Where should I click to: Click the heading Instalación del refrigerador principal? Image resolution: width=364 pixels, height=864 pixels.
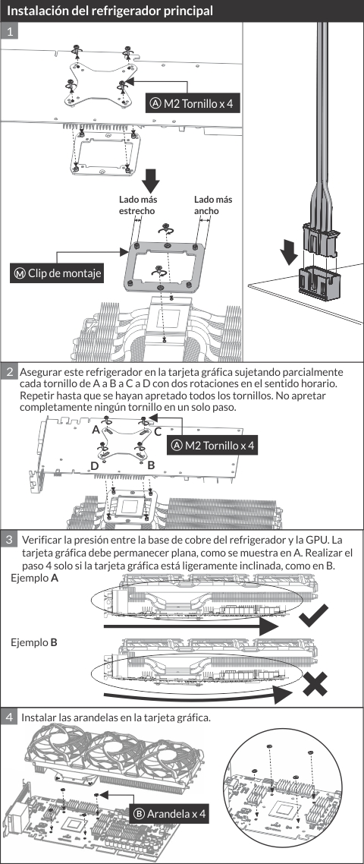click(110, 11)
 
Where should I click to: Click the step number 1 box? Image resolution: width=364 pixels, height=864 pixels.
click(9, 31)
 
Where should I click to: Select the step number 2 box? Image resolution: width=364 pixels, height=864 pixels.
click(9, 371)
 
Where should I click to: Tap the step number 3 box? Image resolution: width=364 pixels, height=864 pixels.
click(9, 539)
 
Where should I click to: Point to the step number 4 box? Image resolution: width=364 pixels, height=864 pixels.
click(9, 717)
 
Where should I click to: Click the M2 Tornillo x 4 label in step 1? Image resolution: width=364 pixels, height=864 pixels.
click(193, 102)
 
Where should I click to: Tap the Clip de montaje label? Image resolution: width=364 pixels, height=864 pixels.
click(58, 273)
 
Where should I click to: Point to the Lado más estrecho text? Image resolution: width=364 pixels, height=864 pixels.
click(136, 205)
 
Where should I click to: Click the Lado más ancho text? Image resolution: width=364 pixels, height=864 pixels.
click(213, 205)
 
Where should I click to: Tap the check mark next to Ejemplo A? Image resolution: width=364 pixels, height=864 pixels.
click(313, 616)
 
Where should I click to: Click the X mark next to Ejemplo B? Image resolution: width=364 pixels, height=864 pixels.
click(315, 683)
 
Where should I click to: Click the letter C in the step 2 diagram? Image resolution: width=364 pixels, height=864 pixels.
click(157, 431)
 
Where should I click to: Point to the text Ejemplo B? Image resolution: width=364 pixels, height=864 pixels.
click(34, 642)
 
